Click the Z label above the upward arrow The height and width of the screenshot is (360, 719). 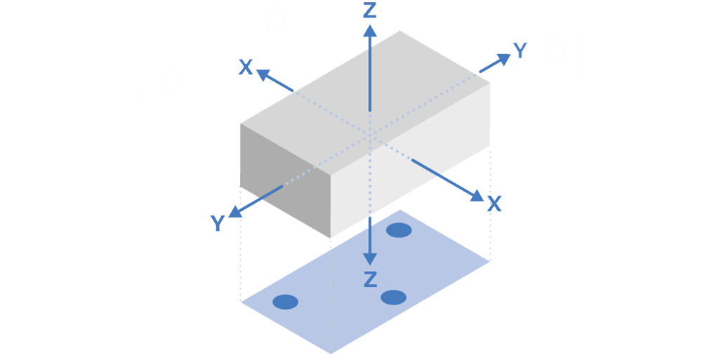[x=370, y=9]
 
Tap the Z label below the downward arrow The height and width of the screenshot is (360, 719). [x=370, y=279]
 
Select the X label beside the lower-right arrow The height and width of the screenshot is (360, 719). [x=494, y=204]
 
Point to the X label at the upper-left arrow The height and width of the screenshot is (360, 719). [x=245, y=67]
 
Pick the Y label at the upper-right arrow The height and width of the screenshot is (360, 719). [x=520, y=48]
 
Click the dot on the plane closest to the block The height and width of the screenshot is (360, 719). [x=399, y=229]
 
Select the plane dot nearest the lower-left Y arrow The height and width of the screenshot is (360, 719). [x=285, y=302]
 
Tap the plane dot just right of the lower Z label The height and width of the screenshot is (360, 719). [x=394, y=297]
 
